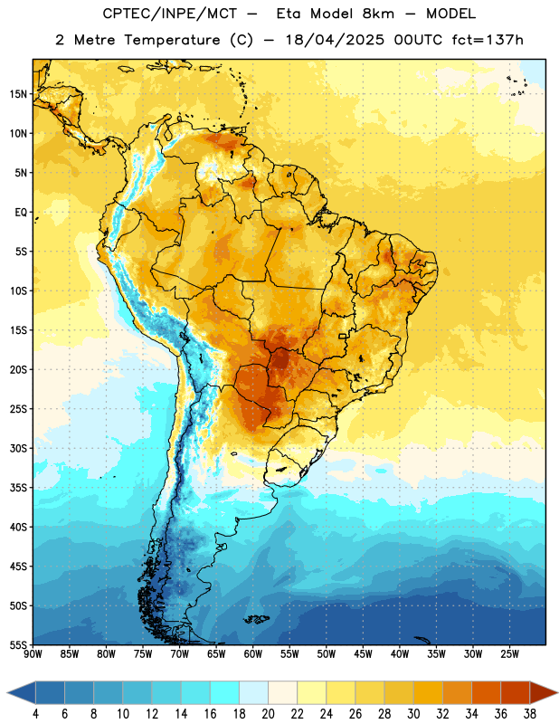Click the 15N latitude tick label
[x=18, y=94]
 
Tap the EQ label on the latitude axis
[x=21, y=213]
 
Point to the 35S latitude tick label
[x=18, y=488]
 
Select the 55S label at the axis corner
[x=18, y=644]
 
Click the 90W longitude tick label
[x=33, y=654]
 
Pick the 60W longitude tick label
[x=253, y=654]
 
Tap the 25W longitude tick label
[x=509, y=654]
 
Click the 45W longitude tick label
[x=363, y=654]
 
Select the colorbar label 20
[x=268, y=714]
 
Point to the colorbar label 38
[x=530, y=714]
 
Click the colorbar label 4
[x=35, y=714]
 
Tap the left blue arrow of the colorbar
[x=22, y=692]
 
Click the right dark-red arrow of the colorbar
[x=544, y=692]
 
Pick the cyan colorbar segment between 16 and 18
[x=225, y=692]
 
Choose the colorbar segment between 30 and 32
[x=428, y=692]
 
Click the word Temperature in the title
[x=172, y=40]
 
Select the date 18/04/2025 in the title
[x=334, y=40]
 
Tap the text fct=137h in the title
[x=488, y=40]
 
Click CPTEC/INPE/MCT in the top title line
[x=170, y=14]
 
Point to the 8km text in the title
[x=378, y=14]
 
